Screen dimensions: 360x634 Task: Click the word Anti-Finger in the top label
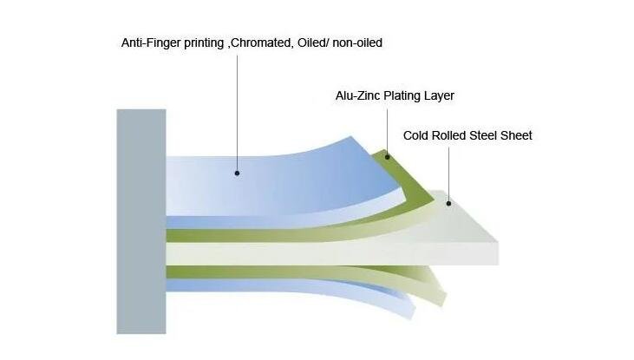[x=150, y=43]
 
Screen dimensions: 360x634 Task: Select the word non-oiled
[x=355, y=43]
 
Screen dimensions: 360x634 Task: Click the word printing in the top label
[x=205, y=43]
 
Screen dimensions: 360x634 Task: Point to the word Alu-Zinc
[x=357, y=95]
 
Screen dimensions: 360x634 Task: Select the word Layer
[x=440, y=95]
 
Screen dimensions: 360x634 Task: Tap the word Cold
[x=417, y=135]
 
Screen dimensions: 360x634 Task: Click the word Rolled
[x=453, y=135]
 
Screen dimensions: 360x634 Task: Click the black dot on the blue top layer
[x=236, y=173]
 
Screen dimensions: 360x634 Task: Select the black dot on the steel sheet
[x=448, y=204]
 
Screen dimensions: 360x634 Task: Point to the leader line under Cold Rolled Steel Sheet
[x=448, y=173]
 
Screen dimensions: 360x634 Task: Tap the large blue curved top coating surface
[x=286, y=173]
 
